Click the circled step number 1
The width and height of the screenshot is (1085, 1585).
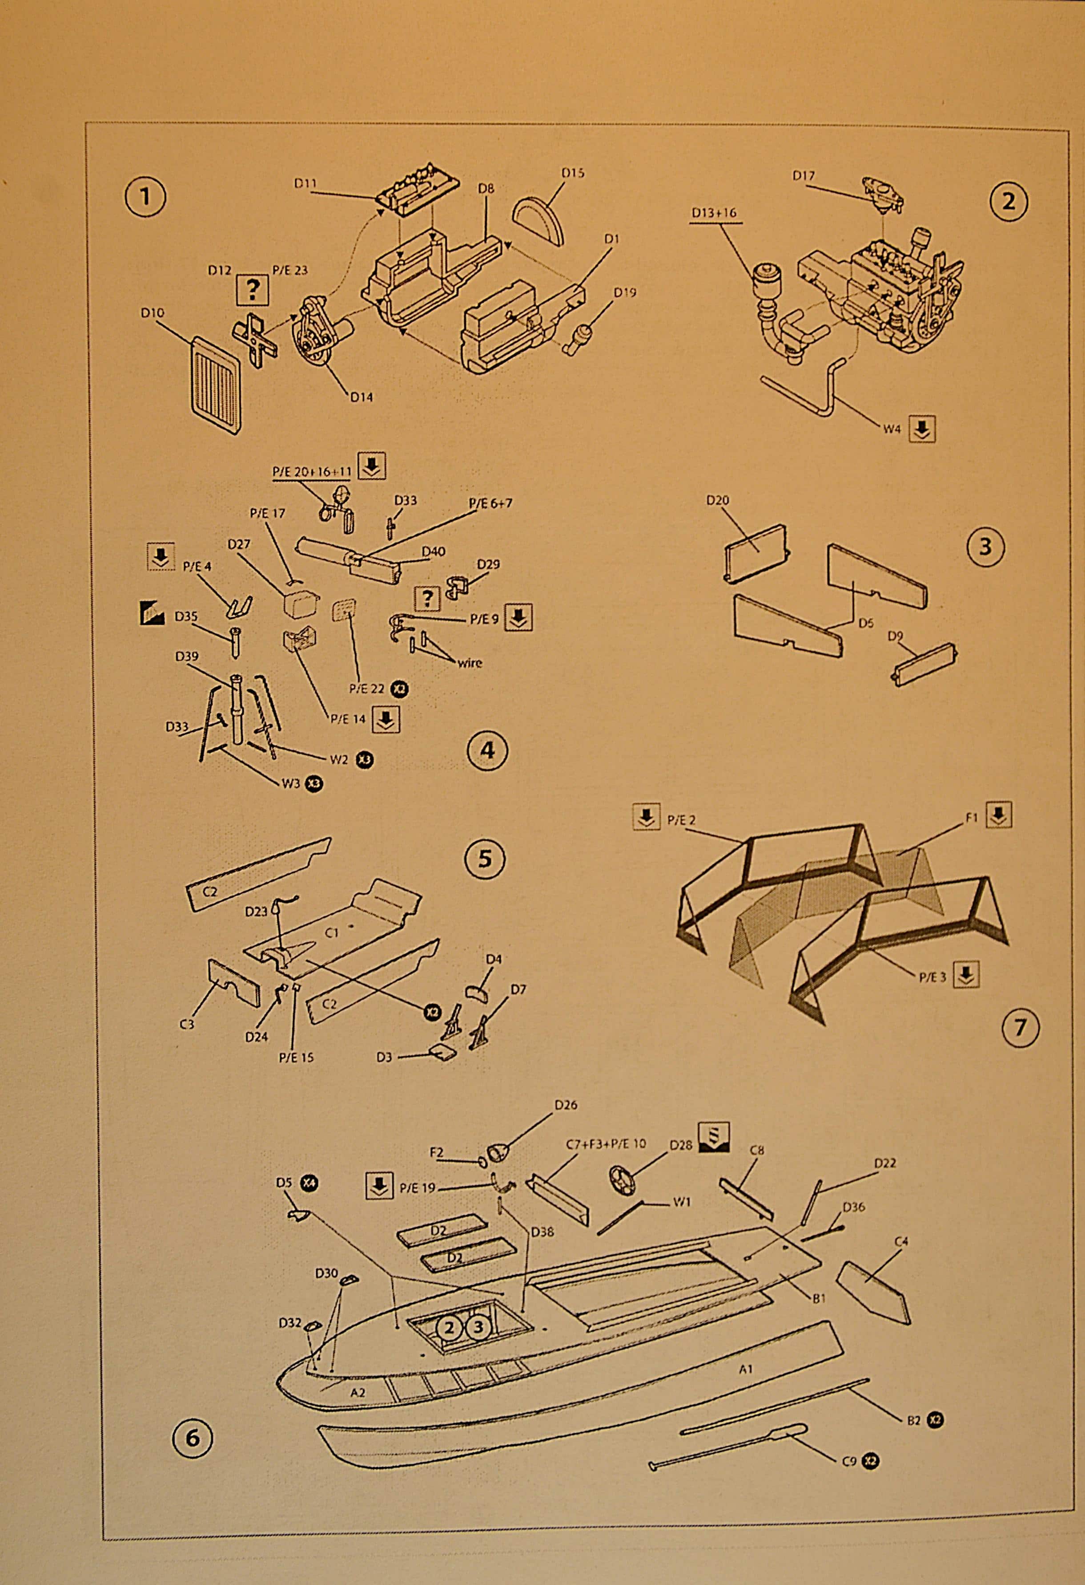145,196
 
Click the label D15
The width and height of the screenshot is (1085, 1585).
572,173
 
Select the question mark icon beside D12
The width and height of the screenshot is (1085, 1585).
253,291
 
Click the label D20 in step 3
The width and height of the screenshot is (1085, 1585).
718,500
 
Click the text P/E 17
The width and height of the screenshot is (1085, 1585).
268,512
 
